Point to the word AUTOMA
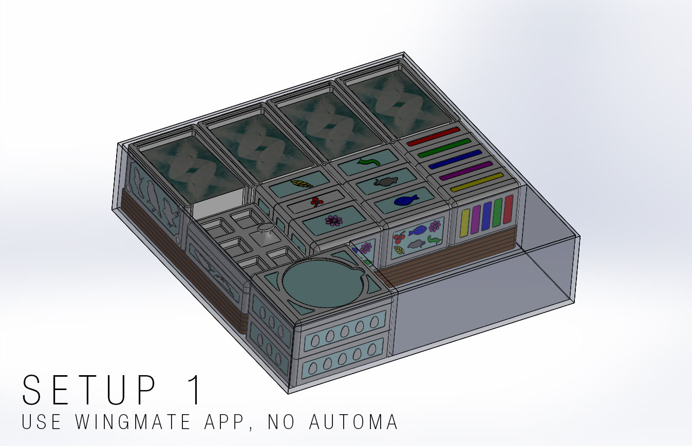[x=353, y=421]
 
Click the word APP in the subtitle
[x=224, y=421]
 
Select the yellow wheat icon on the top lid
[x=302, y=184]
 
